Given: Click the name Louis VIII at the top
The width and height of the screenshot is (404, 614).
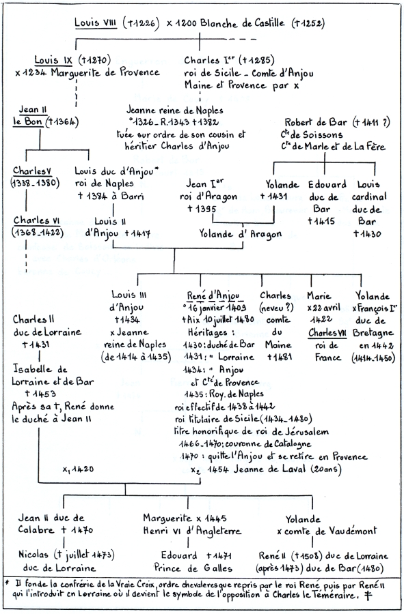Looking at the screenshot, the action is tap(96, 23).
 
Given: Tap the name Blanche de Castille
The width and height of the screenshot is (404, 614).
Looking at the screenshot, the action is tap(243, 23).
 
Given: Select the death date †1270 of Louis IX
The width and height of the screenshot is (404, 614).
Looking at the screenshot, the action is tap(94, 60).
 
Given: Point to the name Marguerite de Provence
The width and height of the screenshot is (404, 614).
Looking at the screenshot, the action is tap(105, 72).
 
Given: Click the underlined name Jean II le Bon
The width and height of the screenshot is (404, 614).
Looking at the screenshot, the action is tap(29, 115).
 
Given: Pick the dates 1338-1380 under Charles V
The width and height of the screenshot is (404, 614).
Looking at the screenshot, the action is tap(36, 184).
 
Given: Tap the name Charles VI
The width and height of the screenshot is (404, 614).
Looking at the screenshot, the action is tap(37, 220).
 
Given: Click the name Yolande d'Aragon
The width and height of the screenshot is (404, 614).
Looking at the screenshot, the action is tap(241, 234).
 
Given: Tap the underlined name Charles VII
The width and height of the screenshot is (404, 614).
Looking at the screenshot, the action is tap(327, 333).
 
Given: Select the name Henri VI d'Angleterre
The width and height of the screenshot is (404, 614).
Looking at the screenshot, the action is tap(192, 531).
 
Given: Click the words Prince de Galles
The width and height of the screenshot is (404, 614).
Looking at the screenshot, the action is tap(193, 568).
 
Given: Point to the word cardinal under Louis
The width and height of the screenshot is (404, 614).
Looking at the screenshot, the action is tap(369, 196).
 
